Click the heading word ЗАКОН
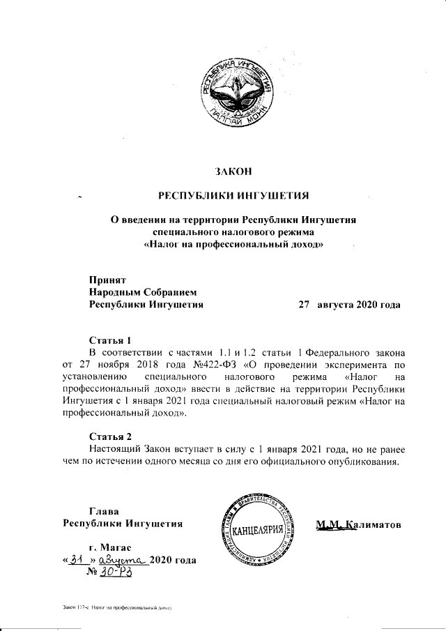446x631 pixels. pos(233,171)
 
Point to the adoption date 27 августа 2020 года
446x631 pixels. pos(349,305)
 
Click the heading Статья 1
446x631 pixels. pos(110,340)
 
